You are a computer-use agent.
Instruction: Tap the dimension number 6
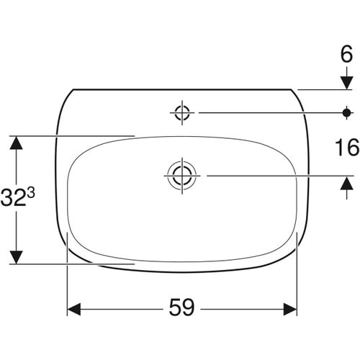point(346,54)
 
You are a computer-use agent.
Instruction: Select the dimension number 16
point(347,148)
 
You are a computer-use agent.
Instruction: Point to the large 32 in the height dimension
point(13,198)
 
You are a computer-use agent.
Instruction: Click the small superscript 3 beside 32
point(31,193)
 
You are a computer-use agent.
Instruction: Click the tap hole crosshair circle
point(182,112)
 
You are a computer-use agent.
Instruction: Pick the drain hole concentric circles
point(182,176)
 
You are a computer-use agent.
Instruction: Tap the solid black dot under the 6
point(346,112)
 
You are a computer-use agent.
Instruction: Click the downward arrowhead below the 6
point(347,83)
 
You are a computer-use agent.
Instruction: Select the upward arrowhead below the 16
point(347,183)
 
